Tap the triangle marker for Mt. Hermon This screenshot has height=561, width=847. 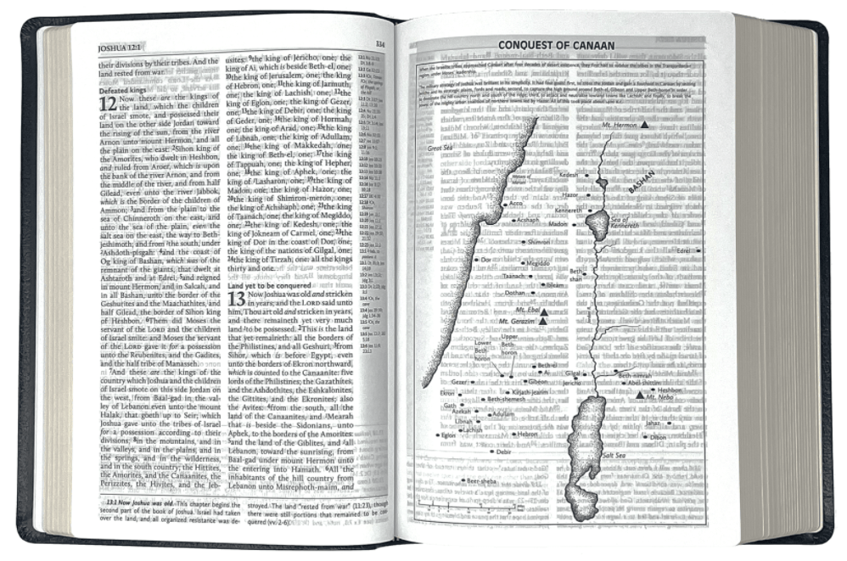click(645, 124)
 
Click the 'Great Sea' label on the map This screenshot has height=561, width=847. click(444, 149)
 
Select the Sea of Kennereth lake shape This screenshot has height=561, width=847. click(597, 225)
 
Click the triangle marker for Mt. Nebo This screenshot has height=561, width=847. click(640, 395)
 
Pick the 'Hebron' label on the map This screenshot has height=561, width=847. click(528, 434)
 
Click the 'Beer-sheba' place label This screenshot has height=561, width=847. click(480, 482)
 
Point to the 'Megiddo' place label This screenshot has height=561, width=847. click(538, 263)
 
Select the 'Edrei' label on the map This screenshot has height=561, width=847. click(682, 251)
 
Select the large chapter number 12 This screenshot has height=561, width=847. click(108, 104)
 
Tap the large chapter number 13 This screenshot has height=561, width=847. click(236, 299)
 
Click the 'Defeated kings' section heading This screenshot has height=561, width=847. click(124, 90)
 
